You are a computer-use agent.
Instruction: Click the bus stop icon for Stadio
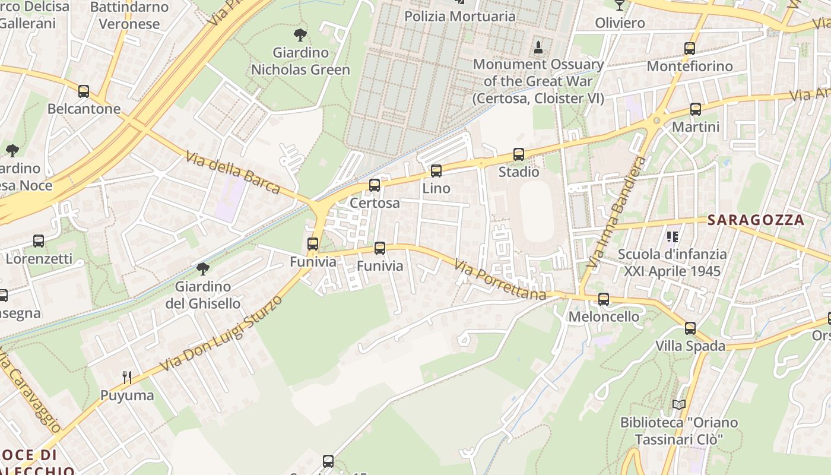pyautogui.click(x=519, y=154)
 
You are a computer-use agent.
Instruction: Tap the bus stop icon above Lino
pyautogui.click(x=436, y=171)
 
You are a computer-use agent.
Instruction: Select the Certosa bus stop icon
pyautogui.click(x=375, y=185)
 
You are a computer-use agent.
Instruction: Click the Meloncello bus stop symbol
pyautogui.click(x=604, y=299)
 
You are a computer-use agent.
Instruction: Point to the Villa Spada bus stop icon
pyautogui.click(x=690, y=328)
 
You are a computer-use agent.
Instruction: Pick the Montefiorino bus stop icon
pyautogui.click(x=690, y=49)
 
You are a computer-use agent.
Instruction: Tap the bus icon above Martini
pyautogui.click(x=696, y=109)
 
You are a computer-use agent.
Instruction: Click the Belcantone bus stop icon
pyautogui.click(x=84, y=91)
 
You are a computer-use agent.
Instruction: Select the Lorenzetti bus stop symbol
pyautogui.click(x=39, y=241)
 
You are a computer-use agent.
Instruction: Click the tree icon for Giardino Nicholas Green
pyautogui.click(x=300, y=35)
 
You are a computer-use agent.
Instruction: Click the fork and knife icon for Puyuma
pyautogui.click(x=126, y=378)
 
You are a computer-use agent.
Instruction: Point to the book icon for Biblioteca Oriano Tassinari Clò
pyautogui.click(x=679, y=405)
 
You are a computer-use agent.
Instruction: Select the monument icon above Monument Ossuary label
pyautogui.click(x=538, y=47)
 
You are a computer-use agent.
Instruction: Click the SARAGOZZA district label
pyautogui.click(x=756, y=220)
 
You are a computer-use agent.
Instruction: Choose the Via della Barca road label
pyautogui.click(x=233, y=173)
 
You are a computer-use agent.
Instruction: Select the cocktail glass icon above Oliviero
pyautogui.click(x=620, y=5)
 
